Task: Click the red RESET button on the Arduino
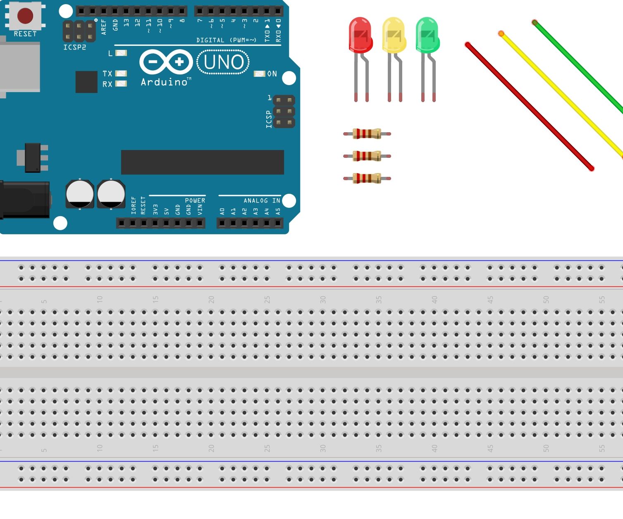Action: [x=25, y=16]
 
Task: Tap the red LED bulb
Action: [x=360, y=35]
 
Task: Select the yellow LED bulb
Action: [x=394, y=35]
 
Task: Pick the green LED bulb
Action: [x=427, y=35]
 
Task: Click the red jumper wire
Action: [x=529, y=107]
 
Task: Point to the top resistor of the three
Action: [x=367, y=133]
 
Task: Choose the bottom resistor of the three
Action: [x=367, y=178]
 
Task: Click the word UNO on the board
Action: [x=224, y=62]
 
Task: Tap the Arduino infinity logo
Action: [x=166, y=62]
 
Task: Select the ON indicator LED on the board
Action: [x=259, y=74]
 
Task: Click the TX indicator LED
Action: [x=121, y=73]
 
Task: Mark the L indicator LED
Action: [x=121, y=53]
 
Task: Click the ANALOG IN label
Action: [x=262, y=200]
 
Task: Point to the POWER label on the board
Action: [x=195, y=200]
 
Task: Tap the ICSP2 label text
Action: [x=75, y=48]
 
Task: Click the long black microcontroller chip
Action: [x=202, y=162]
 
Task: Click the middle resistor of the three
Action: [x=367, y=156]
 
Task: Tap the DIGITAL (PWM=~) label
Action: [x=226, y=40]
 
